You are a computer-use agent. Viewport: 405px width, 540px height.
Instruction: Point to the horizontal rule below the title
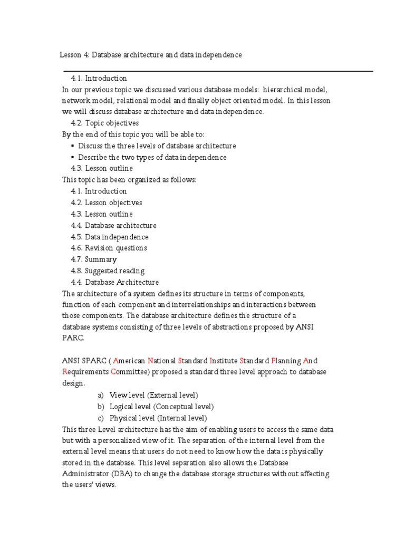[x=218, y=71]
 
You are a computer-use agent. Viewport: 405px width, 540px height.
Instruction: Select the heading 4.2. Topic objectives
[x=105, y=123]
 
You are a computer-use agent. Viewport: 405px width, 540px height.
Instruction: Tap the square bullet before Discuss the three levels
[x=73, y=146]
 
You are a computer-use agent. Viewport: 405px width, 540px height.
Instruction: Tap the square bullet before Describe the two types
[x=73, y=158]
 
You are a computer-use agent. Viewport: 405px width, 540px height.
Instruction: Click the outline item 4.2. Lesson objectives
[x=106, y=202]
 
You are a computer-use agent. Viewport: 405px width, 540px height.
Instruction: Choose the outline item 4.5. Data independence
[x=109, y=237]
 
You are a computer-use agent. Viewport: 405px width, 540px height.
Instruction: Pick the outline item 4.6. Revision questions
[x=109, y=248]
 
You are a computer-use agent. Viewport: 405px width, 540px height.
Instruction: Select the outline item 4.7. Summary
[x=93, y=259]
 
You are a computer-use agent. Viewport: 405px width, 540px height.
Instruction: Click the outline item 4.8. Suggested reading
[x=107, y=271]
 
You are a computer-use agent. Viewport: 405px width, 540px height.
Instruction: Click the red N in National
[x=150, y=361]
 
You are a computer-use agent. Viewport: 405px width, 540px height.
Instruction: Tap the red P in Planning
[x=273, y=361]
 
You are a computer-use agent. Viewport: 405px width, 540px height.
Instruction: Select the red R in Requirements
[x=64, y=372]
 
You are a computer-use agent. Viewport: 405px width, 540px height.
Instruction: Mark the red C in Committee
[x=113, y=372]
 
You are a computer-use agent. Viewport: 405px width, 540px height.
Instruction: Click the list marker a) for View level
[x=101, y=395]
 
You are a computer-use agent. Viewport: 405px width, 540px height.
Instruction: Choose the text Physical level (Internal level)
[x=158, y=418]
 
